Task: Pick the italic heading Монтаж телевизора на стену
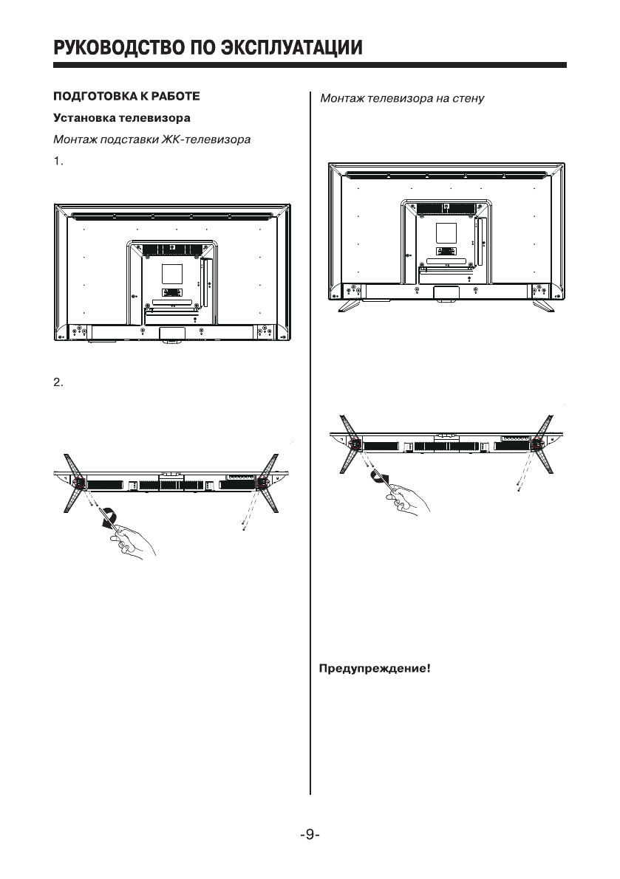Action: pos(402,98)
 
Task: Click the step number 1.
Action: pos(60,162)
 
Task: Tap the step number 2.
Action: pos(60,382)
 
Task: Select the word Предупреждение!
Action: pos(374,670)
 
